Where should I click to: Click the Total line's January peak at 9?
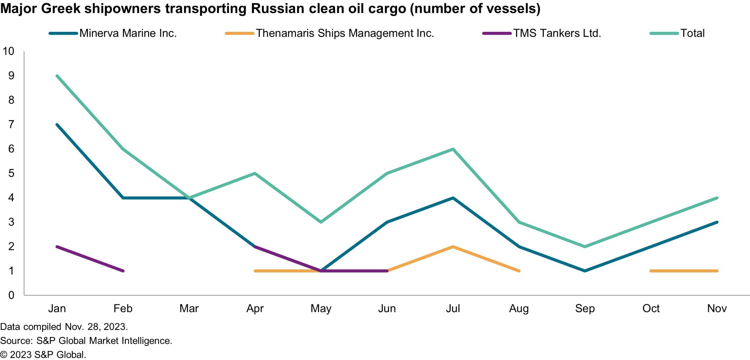(57, 76)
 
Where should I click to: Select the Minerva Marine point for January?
(57, 125)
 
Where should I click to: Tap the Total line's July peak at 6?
(453, 149)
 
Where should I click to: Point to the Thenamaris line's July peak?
(453, 247)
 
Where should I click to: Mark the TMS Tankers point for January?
(57, 247)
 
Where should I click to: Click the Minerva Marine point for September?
(585, 271)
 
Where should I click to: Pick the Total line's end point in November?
(717, 198)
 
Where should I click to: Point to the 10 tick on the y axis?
(8, 51)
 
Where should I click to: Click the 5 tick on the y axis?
(11, 173)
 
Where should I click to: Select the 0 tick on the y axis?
(11, 295)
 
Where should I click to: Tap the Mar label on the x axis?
(189, 308)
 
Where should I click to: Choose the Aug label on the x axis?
(519, 308)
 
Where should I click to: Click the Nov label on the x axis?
(717, 308)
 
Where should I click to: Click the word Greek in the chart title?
(61, 8)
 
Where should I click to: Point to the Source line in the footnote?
(86, 341)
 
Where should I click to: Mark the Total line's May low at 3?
(321, 222)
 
